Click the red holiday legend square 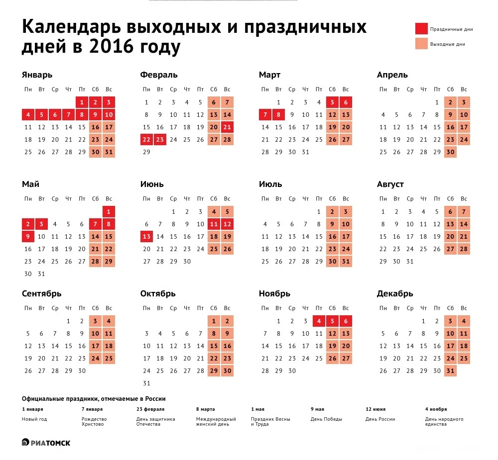pos(421,29)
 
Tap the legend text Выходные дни pos(447,44)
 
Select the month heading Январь pos(37,75)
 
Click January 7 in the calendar pos(68,115)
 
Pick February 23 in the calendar pos(160,140)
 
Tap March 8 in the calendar pos(278,115)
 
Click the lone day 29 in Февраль pos(146,152)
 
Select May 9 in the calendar pos(28,237)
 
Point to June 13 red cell pos(146,237)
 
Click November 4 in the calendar pos(319,321)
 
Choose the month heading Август pos(390,184)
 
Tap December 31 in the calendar pos(450,370)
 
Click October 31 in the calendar pos(146,383)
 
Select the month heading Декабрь pos(395,294)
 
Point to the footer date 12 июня pos(375,409)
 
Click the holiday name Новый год pos(34,419)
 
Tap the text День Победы pos(326,419)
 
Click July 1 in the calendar pos(319,212)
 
